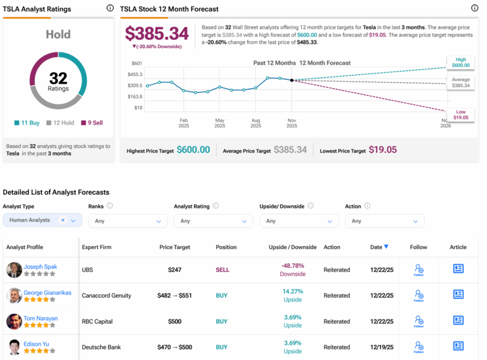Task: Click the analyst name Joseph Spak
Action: tap(40, 267)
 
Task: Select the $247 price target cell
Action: tap(174, 270)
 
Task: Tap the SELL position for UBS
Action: tap(222, 270)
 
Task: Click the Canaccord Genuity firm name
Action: tap(107, 295)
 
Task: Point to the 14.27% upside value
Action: tap(292, 292)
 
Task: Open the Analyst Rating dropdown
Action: tap(213, 221)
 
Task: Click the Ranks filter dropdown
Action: tap(127, 221)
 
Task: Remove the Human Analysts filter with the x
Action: tap(63, 221)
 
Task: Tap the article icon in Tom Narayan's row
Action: tap(458, 321)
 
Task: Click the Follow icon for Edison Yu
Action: tap(419, 347)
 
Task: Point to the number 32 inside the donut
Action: tap(58, 78)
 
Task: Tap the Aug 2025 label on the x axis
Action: tap(256, 122)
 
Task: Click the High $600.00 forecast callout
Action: tap(460, 62)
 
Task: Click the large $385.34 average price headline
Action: tap(157, 33)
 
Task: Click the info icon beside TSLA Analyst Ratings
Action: tap(110, 9)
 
